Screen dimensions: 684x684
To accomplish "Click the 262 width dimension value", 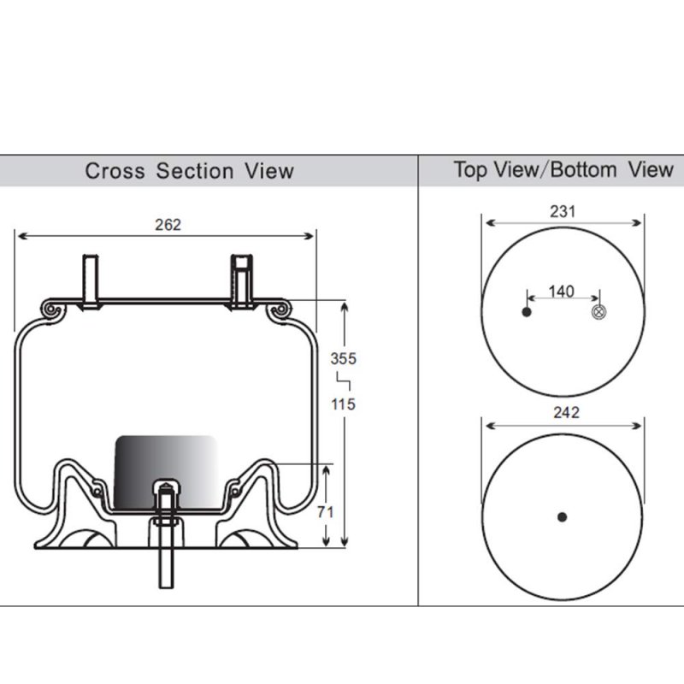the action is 168,225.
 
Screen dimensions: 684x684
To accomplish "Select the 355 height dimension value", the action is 344,358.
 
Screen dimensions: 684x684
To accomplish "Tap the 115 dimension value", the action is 344,404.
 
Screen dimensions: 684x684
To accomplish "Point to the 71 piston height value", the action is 326,511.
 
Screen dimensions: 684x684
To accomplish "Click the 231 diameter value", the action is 563,211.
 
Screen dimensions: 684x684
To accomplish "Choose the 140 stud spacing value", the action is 562,292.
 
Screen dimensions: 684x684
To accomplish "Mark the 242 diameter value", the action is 566,413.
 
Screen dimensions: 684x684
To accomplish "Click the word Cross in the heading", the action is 115,171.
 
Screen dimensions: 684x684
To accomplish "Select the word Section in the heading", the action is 195,171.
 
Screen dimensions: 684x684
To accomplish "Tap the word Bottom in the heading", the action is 584,169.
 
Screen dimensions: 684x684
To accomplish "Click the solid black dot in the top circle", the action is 527,312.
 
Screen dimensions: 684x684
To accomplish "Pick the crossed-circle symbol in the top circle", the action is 598,312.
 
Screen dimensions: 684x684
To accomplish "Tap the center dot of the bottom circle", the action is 563,517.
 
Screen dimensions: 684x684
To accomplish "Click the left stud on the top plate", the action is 91,282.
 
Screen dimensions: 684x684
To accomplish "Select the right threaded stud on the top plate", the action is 241,282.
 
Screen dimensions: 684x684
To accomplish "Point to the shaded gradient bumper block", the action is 166,472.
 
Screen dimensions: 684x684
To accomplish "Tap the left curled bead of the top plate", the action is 53,310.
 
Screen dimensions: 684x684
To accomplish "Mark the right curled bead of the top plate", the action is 280,310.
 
